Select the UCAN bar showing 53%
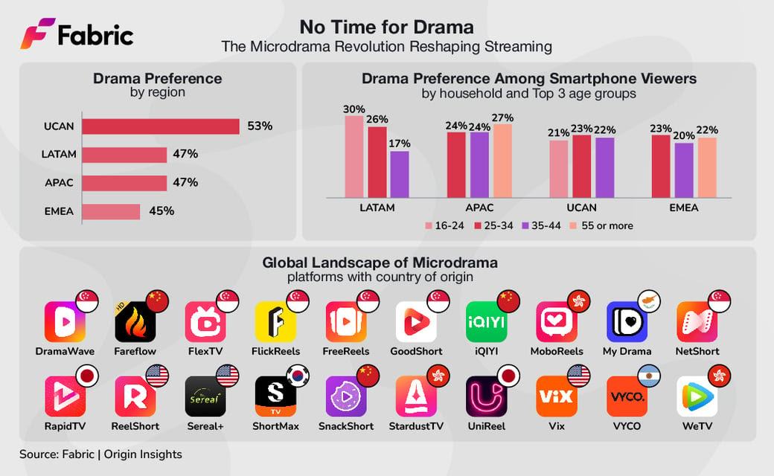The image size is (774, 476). (x=160, y=126)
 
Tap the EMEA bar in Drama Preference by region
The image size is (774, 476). (x=111, y=212)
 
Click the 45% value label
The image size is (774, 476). (x=161, y=211)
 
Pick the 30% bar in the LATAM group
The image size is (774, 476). (x=354, y=155)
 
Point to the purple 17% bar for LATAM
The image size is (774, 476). (x=400, y=173)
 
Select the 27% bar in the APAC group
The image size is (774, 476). (x=502, y=160)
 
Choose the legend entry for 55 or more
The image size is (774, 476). (x=601, y=225)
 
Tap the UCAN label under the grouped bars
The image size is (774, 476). (x=582, y=208)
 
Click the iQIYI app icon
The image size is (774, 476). (x=486, y=321)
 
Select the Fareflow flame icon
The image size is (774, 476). (x=135, y=321)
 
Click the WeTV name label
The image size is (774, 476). (x=697, y=426)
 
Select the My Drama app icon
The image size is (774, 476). (x=627, y=321)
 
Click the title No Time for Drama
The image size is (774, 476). (x=386, y=28)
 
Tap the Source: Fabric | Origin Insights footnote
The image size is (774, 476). (x=100, y=454)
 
